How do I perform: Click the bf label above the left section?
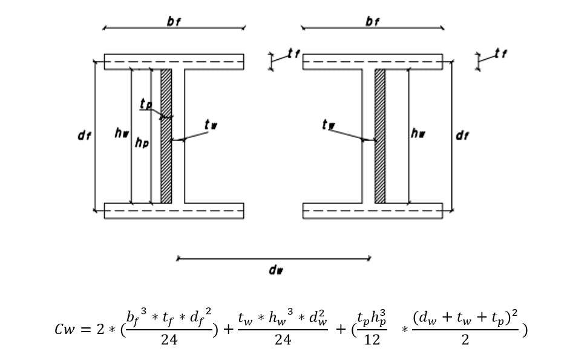pyautogui.click(x=174, y=21)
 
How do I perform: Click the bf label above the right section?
pyautogui.click(x=372, y=21)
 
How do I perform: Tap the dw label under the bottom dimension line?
pyautogui.click(x=274, y=270)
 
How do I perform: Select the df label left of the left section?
pyautogui.click(x=84, y=136)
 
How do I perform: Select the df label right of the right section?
pyautogui.click(x=462, y=136)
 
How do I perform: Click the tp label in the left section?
pyautogui.click(x=145, y=105)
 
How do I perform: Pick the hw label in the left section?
pyautogui.click(x=122, y=133)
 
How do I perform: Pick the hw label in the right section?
pyautogui.click(x=418, y=133)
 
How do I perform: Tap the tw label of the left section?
pyautogui.click(x=211, y=125)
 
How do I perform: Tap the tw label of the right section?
pyautogui.click(x=329, y=125)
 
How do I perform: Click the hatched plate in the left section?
pyautogui.click(x=166, y=136)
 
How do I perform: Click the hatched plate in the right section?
pyautogui.click(x=380, y=136)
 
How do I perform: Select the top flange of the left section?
pyautogui.click(x=174, y=62)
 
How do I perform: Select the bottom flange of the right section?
pyautogui.click(x=372, y=210)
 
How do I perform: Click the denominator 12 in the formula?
pyautogui.click(x=372, y=340)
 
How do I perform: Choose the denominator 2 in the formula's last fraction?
pyautogui.click(x=465, y=340)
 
